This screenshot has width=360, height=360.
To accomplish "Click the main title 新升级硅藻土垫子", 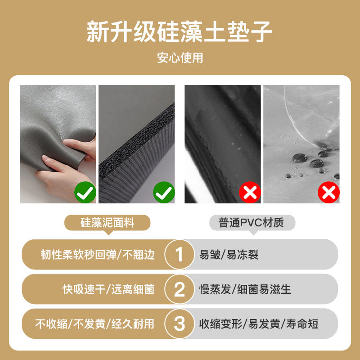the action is click(180, 31).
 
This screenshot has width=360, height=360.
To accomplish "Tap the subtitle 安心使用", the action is click(180, 58).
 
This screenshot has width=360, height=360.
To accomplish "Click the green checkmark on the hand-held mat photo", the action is click(85, 192).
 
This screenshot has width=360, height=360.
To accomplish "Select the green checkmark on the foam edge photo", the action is click(164, 192).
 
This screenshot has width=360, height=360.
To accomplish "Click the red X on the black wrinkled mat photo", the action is click(250, 192).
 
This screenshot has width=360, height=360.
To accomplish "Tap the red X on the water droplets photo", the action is click(328, 192).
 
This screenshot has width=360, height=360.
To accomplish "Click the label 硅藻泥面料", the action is click(107, 223).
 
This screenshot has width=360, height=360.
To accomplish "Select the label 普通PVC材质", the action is click(252, 223).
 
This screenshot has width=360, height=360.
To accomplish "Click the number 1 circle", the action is click(179, 254).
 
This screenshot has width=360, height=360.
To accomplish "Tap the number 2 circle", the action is click(179, 289).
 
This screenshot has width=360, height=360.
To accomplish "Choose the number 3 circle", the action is click(179, 324).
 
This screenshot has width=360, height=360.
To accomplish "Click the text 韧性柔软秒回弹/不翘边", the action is click(98, 255).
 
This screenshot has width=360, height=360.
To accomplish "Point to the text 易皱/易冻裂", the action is click(229, 255).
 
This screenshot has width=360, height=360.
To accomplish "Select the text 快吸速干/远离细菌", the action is click(108, 289).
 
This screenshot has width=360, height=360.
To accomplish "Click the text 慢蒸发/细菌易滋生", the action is click(245, 289).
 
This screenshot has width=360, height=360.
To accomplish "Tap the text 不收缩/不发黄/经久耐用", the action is click(94, 324).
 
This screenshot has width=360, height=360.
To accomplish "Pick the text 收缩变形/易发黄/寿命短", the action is click(259, 324).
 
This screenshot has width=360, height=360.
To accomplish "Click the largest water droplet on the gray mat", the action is click(300, 158).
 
